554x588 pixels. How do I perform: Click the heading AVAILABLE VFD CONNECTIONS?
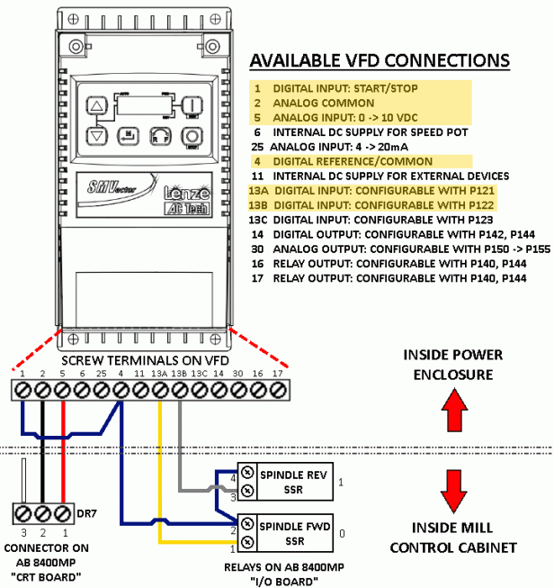[379, 60]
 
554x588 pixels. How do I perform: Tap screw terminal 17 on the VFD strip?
[279, 389]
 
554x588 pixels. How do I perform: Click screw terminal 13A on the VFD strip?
[159, 389]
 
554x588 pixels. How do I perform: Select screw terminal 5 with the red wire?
[62, 389]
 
